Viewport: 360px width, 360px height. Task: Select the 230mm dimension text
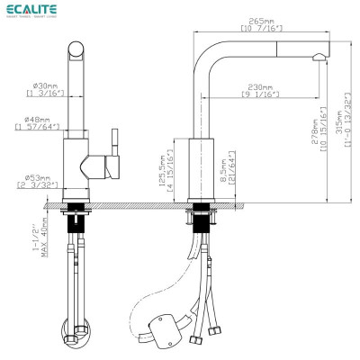coord(260,86)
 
